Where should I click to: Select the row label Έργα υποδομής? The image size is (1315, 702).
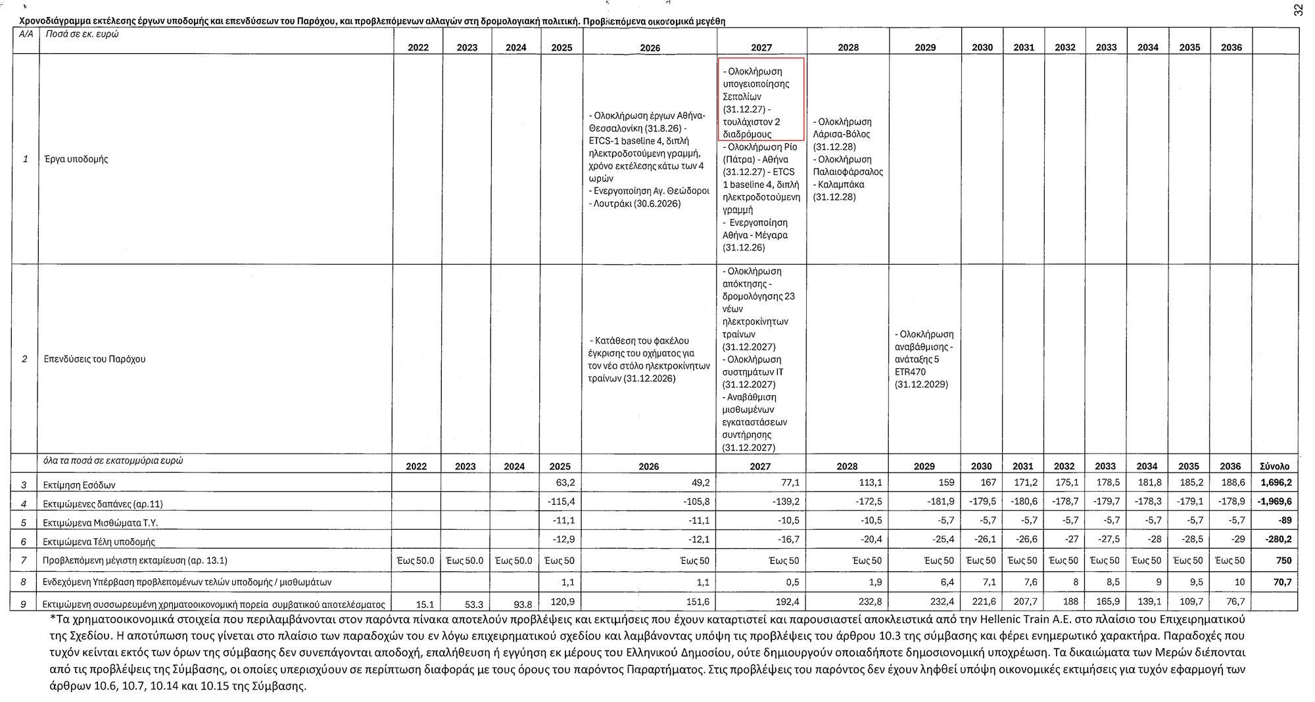(x=76, y=159)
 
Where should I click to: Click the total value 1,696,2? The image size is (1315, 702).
(x=1276, y=483)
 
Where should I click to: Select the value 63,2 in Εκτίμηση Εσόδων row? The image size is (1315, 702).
(x=565, y=483)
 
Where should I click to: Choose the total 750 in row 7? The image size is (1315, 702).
(x=1283, y=561)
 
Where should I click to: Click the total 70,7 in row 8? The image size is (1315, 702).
(x=1281, y=582)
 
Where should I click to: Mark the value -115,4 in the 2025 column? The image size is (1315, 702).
(x=561, y=502)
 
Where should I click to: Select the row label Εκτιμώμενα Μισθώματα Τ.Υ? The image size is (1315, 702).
(x=100, y=523)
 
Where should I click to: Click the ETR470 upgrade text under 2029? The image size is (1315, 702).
(x=924, y=359)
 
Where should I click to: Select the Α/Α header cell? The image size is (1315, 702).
(x=26, y=33)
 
